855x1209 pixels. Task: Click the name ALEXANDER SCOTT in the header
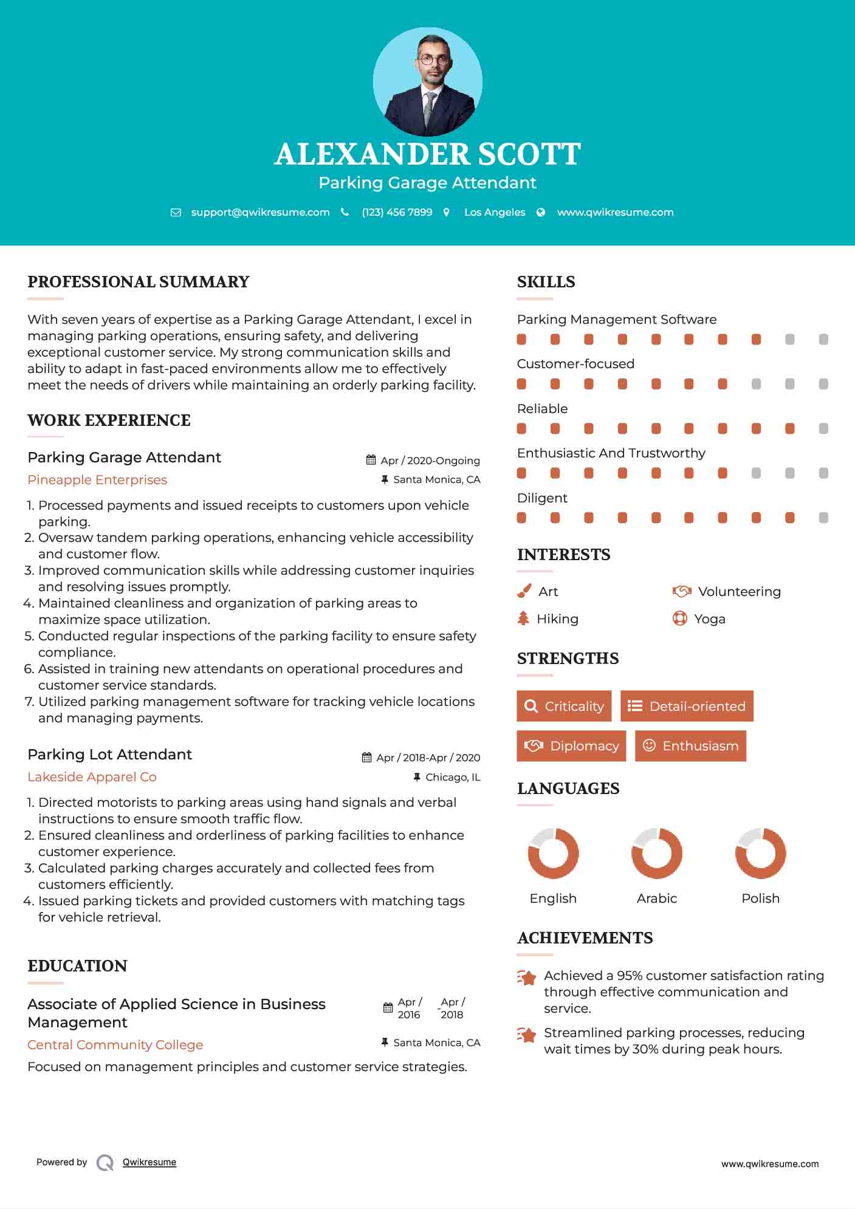coord(427,154)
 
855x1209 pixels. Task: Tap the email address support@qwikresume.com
coord(260,212)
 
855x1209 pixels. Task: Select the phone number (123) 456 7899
coord(397,212)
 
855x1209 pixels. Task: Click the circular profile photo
coord(427,81)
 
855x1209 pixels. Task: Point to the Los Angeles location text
coord(495,212)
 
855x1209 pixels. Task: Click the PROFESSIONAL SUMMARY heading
coord(139,282)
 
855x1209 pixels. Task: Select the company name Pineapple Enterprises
coord(97,480)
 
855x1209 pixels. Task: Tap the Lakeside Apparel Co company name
coord(92,777)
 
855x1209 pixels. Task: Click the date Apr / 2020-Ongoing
coord(430,461)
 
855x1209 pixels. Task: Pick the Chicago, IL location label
coord(453,777)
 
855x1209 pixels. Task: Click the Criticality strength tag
coord(564,706)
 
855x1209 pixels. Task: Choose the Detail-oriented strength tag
coord(687,706)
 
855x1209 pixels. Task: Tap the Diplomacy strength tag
coord(571,746)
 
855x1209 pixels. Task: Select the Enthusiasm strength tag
coord(690,746)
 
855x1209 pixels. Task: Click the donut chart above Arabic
coord(656,853)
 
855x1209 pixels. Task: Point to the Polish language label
coord(760,899)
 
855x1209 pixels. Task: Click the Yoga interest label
coord(710,619)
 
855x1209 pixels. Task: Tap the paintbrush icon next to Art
coord(524,591)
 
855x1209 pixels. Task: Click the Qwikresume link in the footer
coord(149,1162)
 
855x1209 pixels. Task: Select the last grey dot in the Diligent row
coord(823,518)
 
